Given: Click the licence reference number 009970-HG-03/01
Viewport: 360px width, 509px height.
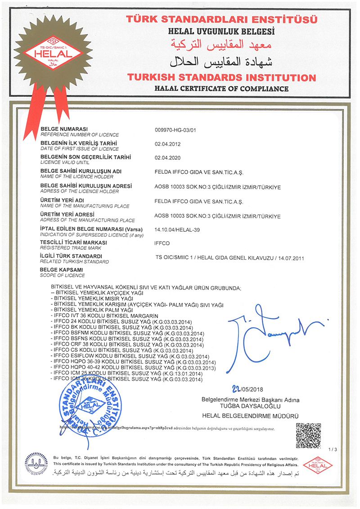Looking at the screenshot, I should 176,131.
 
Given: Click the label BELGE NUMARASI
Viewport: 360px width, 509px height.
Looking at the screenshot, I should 64,129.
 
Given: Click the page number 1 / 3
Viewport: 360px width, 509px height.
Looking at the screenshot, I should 333,450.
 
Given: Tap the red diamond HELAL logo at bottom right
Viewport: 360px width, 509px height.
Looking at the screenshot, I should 318,464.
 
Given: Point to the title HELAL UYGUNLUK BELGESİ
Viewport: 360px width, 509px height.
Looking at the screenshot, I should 221,32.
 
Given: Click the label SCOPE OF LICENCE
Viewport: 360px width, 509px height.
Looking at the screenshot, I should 63,275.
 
